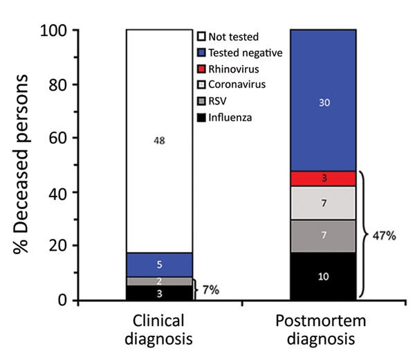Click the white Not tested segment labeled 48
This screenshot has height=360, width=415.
click(x=159, y=141)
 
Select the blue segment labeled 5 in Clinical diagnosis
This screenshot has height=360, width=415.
click(x=159, y=264)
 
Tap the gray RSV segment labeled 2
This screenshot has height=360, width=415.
click(x=159, y=281)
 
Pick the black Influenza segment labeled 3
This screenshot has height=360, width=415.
click(x=159, y=294)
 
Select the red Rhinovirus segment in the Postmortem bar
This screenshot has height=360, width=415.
click(x=323, y=179)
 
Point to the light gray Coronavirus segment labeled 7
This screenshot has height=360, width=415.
click(x=323, y=203)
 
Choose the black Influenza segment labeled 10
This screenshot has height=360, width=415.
click(x=323, y=276)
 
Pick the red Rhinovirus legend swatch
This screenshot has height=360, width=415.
click(x=203, y=70)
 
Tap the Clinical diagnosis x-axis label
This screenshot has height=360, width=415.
click(x=159, y=330)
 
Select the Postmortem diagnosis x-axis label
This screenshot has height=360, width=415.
click(x=323, y=330)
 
